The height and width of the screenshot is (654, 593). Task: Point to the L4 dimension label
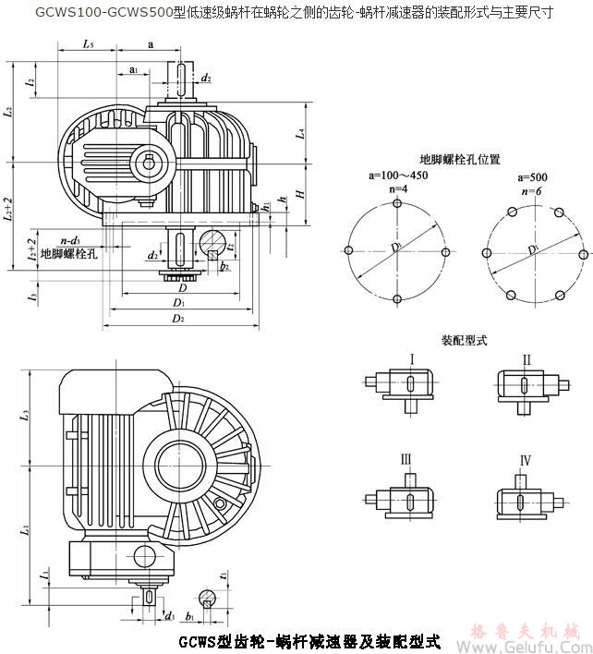click(299, 134)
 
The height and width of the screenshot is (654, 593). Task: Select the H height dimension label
click(299, 194)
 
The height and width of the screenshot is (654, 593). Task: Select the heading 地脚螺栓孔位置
click(460, 160)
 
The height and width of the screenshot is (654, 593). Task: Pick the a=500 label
click(532, 176)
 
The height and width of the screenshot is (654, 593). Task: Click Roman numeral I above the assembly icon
click(411, 358)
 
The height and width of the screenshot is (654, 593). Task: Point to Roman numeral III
click(405, 459)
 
